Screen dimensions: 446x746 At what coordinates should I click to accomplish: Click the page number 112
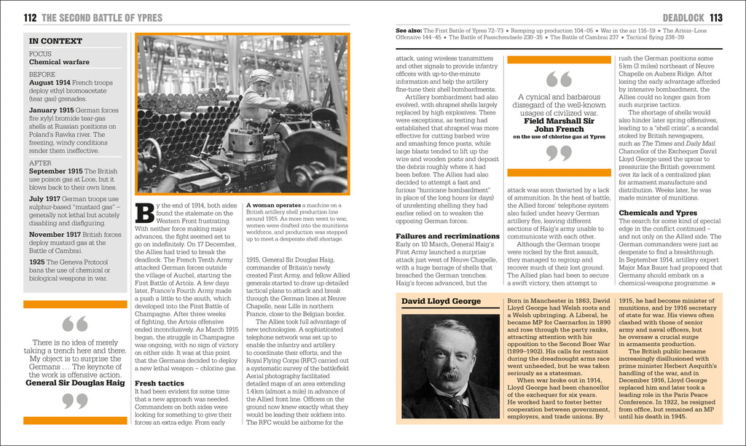click(x=30, y=17)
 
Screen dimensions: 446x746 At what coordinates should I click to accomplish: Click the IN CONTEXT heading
click(x=55, y=42)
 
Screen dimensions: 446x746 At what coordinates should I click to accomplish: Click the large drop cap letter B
click(x=145, y=214)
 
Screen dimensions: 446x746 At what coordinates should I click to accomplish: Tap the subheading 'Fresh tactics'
click(x=160, y=382)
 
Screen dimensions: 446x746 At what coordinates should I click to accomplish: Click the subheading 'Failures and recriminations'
click(x=447, y=236)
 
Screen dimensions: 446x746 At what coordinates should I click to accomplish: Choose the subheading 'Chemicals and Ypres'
click(x=658, y=213)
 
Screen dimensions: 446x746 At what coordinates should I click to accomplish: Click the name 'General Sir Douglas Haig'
click(x=75, y=382)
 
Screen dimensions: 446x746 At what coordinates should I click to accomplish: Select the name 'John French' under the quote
click(x=559, y=129)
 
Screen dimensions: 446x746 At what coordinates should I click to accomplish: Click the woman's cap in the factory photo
click(x=261, y=74)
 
